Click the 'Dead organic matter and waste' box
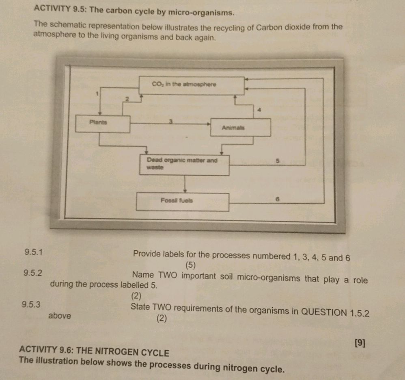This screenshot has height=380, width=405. tap(184, 165)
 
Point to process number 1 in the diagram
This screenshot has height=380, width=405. tap(97, 94)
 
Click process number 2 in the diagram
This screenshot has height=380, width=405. tap(126, 99)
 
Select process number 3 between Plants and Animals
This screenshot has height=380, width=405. tap(171, 121)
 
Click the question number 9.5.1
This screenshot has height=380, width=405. tap(33, 252)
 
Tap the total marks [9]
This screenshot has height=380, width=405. tap(359, 343)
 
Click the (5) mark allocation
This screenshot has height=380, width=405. tap(191, 266)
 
